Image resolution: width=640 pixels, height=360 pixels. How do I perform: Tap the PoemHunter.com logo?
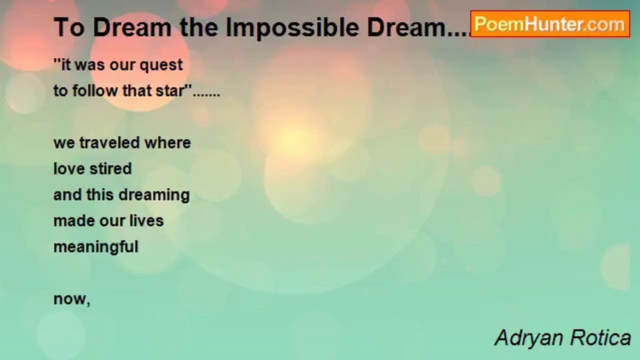pos(550,24)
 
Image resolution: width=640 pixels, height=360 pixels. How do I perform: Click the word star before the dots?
pos(172,91)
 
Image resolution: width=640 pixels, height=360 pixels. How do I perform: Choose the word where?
pos(167,143)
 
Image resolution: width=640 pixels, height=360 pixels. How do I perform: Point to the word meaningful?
pos(95,247)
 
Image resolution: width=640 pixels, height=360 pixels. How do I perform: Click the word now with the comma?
pos(71,299)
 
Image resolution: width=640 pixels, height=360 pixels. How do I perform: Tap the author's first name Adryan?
pos(528,338)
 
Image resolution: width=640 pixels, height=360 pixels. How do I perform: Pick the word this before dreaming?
pos(105,195)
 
